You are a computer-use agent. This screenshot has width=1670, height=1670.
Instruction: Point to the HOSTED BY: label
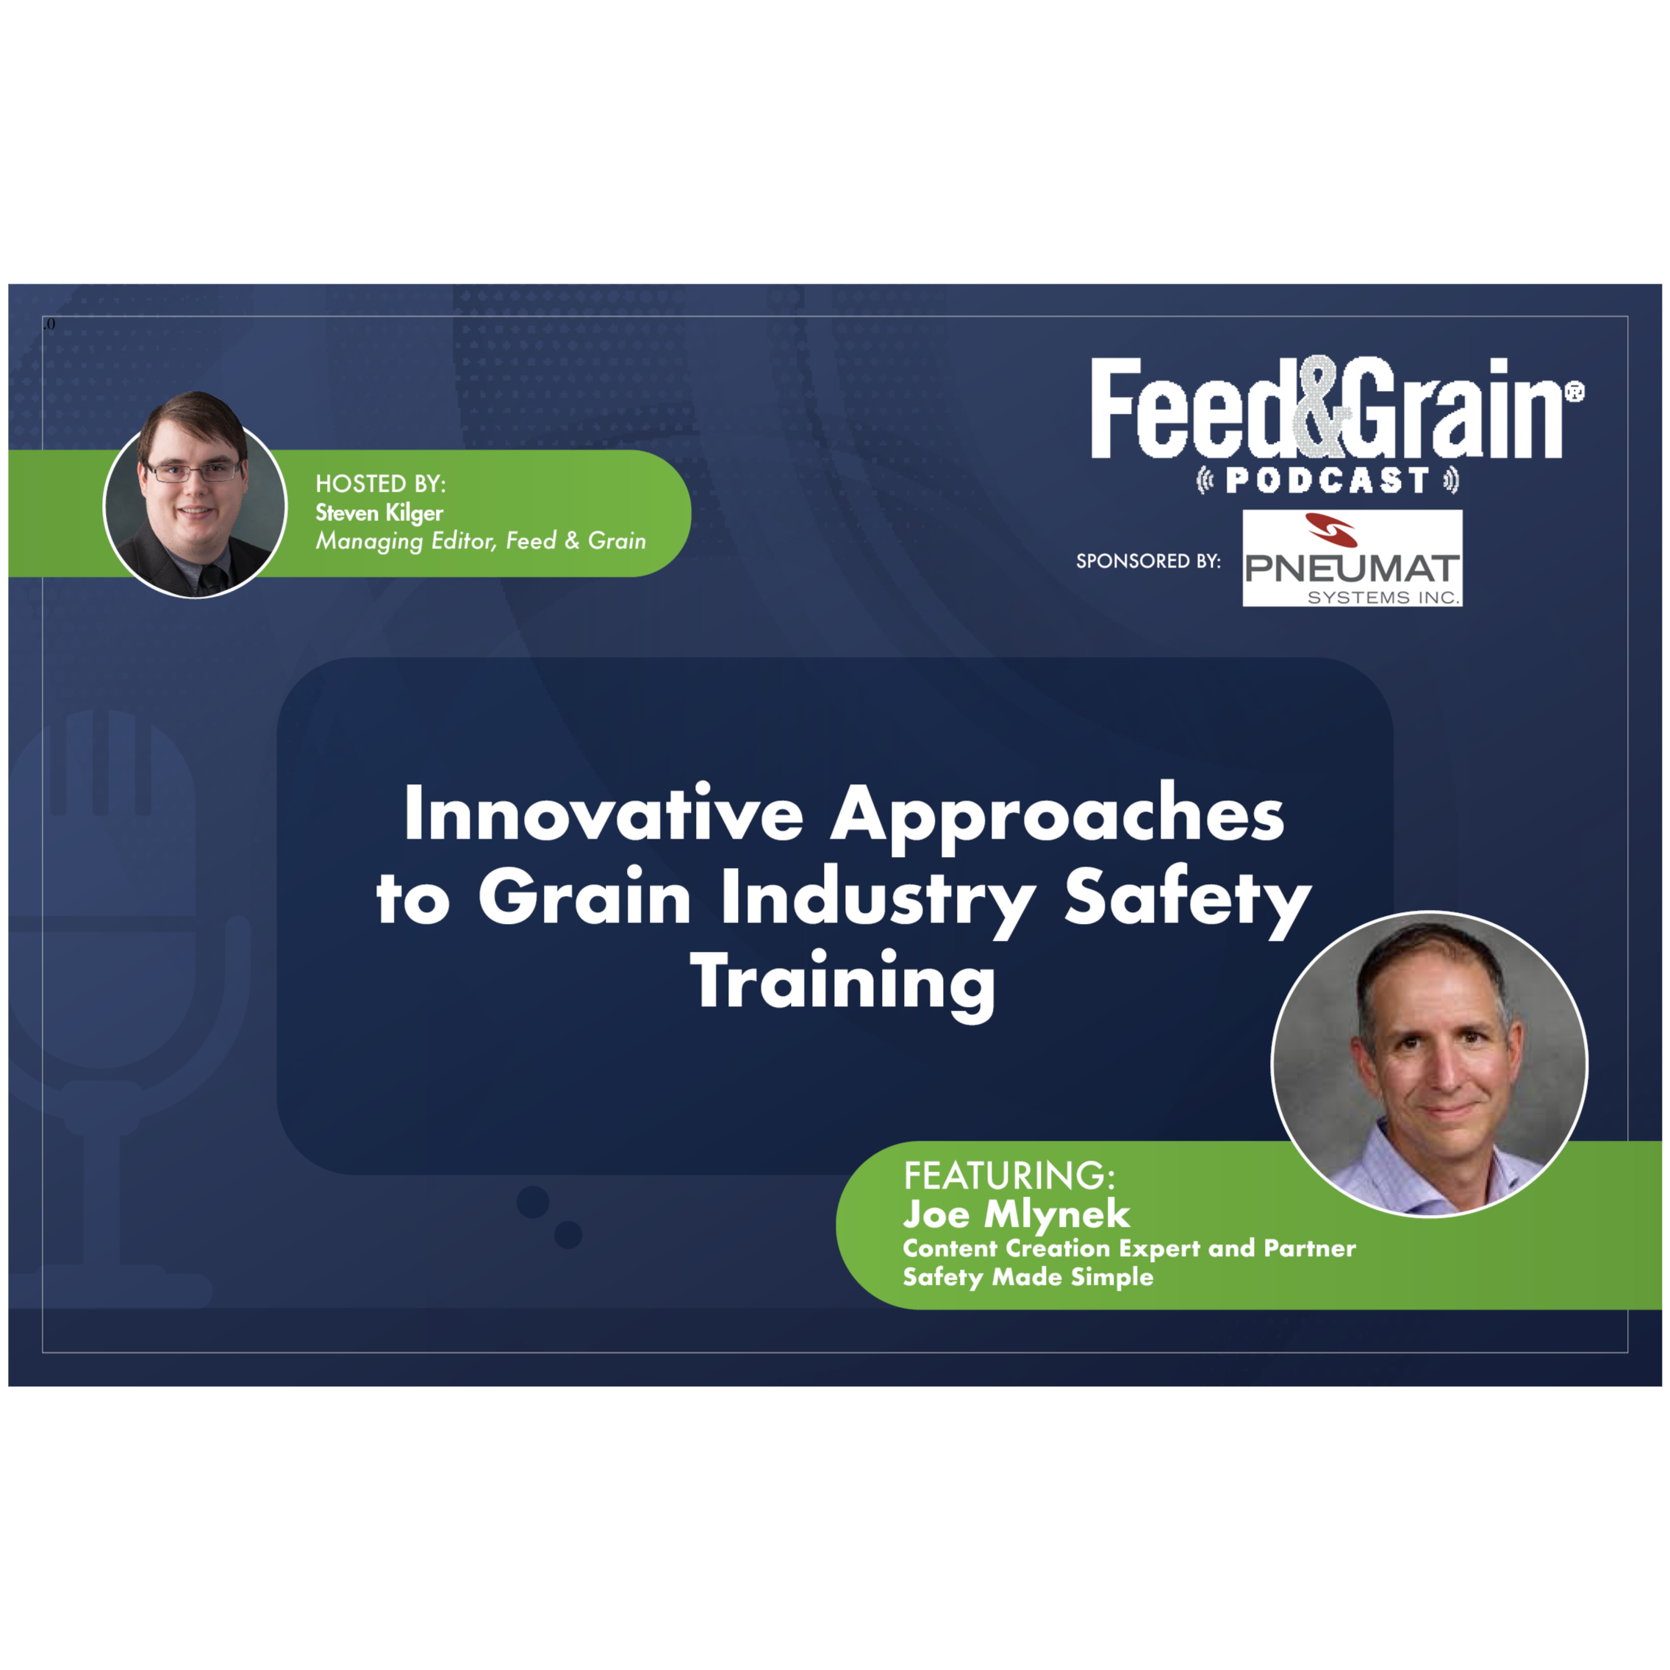click(380, 483)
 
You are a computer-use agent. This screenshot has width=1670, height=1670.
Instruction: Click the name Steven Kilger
click(379, 512)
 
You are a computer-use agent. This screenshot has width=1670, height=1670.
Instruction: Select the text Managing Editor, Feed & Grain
click(481, 541)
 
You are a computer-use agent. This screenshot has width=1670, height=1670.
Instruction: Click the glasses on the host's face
click(193, 471)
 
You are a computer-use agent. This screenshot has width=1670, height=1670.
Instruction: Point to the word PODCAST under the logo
click(1327, 481)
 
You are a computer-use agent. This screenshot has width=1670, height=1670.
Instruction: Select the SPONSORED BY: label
click(1148, 561)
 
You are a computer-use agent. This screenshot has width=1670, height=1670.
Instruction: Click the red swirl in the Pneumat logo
click(1331, 530)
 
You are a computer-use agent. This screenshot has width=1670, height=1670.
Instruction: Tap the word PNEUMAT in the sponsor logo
click(1352, 569)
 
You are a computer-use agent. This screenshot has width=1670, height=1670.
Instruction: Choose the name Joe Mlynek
click(1017, 1214)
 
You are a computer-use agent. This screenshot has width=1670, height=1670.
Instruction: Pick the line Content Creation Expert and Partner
click(1130, 1248)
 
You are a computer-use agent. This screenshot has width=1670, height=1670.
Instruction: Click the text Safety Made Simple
click(1028, 1277)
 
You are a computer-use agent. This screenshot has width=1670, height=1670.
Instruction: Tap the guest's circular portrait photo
click(1429, 1064)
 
